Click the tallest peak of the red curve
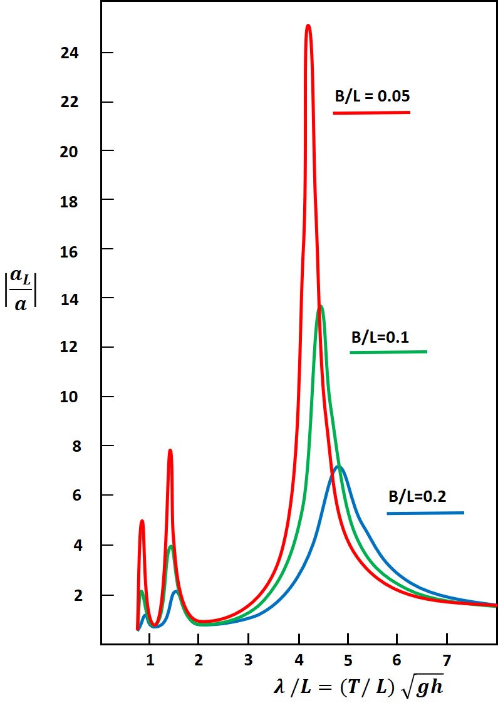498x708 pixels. (x=308, y=26)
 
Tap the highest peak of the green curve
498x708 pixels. (x=321, y=306)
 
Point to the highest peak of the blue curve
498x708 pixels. (x=339, y=467)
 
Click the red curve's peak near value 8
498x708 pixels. (x=170, y=450)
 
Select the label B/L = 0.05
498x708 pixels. (x=371, y=96)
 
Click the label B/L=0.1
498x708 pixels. (x=380, y=337)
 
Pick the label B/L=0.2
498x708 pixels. (x=417, y=497)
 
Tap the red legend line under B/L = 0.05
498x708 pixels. (x=371, y=113)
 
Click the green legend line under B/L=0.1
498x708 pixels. (x=388, y=352)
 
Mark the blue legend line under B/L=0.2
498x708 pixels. (x=425, y=513)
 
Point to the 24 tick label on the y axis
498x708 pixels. (x=69, y=53)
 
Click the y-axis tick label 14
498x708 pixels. (x=69, y=298)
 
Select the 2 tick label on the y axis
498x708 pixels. (x=78, y=595)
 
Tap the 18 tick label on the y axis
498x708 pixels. (x=69, y=200)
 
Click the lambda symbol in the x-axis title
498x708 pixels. (x=279, y=687)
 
